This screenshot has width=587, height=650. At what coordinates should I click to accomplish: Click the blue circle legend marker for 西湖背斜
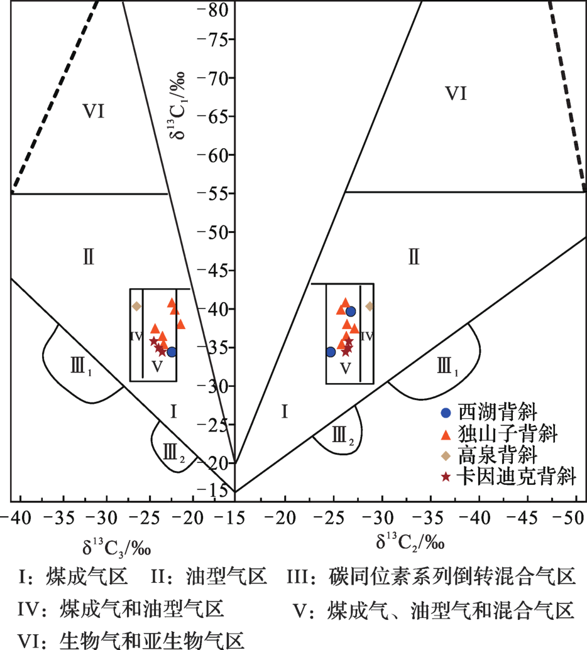(x=446, y=413)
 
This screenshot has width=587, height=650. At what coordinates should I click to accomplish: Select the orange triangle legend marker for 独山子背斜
(x=446, y=435)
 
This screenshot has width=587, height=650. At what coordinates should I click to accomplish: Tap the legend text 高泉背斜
(x=498, y=455)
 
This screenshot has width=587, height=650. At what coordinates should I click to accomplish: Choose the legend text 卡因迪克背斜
(x=517, y=477)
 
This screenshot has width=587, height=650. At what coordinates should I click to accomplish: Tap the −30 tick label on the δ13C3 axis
(x=102, y=517)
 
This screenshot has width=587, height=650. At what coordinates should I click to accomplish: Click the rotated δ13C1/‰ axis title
(x=177, y=106)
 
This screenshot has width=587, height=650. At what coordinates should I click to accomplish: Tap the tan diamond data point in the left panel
(x=136, y=306)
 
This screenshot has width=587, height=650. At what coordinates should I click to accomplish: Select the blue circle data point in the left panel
(x=172, y=352)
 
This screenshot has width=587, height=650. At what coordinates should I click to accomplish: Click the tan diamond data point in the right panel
(x=369, y=306)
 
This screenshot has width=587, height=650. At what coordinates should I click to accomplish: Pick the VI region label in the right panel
(x=456, y=94)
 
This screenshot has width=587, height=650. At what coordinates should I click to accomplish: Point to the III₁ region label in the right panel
(x=447, y=367)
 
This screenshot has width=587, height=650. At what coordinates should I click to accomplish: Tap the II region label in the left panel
(x=89, y=257)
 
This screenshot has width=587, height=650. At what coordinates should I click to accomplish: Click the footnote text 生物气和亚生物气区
(x=152, y=641)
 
